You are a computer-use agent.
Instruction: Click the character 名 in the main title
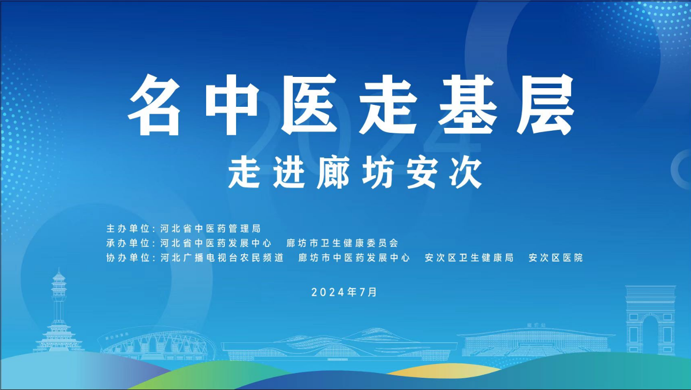(155, 105)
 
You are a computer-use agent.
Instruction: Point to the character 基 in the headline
(468, 105)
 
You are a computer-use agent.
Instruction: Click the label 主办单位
(128, 229)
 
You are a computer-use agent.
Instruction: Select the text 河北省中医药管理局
(211, 229)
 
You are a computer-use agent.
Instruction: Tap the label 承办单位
(128, 243)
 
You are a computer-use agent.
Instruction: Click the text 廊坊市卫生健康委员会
(342, 243)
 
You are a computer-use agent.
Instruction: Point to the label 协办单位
(128, 258)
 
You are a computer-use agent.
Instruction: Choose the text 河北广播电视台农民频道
(222, 258)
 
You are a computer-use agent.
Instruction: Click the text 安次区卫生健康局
(469, 258)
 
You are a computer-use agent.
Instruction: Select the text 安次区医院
(555, 258)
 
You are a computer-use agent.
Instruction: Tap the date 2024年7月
(344, 292)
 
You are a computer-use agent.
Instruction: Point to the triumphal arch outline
(650, 321)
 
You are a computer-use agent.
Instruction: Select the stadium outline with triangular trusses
(157, 343)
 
